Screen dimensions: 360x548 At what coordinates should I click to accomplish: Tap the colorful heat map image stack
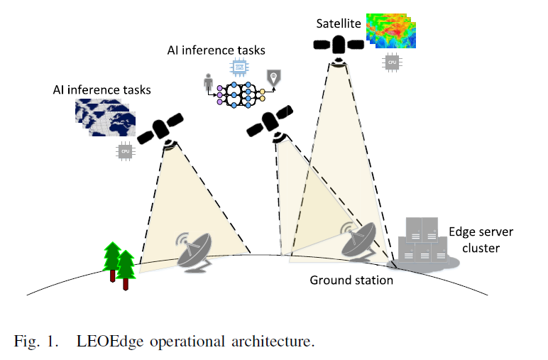(390, 32)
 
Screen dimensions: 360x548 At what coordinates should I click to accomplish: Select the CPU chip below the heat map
(390, 62)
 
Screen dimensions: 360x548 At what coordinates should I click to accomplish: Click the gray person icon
(209, 84)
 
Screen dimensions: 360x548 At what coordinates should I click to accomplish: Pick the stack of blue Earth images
(106, 116)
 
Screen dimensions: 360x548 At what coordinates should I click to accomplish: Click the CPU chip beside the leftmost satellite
(126, 151)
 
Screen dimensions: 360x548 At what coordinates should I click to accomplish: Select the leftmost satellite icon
(161, 132)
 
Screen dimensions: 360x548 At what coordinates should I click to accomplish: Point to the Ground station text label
(351, 280)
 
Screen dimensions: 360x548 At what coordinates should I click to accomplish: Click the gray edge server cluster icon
(423, 242)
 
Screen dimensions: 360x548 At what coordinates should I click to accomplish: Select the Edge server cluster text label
(480, 240)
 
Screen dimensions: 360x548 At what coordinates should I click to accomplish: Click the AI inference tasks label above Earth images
(102, 91)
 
